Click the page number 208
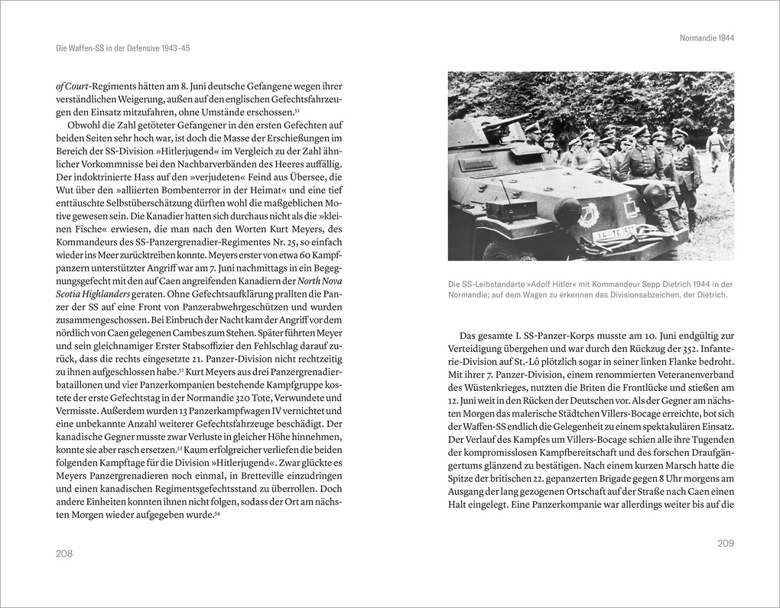[x=64, y=553]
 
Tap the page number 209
[x=725, y=543]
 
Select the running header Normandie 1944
[x=707, y=37]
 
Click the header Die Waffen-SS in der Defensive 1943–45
[x=123, y=48]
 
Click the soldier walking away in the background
[x=715, y=148]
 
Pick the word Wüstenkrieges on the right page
[x=482, y=388]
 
